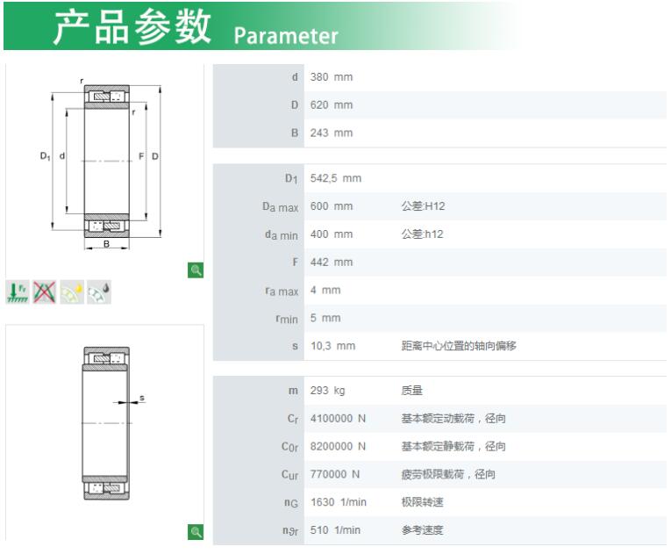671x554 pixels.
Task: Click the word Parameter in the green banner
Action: pos(286,36)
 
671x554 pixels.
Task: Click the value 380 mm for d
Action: pos(332,77)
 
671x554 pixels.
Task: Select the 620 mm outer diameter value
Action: pos(332,105)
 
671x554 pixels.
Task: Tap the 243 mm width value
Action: pos(332,133)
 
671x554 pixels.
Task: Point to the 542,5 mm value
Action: pos(336,178)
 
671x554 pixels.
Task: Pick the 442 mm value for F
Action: pos(332,263)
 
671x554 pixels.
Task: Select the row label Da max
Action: pos(281,207)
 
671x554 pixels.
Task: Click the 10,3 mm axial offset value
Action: pos(333,346)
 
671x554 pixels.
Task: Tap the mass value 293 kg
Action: pos(328,391)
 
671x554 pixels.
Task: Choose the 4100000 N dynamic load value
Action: pos(338,418)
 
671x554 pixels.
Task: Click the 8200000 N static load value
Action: pos(338,446)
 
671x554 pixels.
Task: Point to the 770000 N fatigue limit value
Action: pos(335,474)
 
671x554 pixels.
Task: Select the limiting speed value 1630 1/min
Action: pos(339,502)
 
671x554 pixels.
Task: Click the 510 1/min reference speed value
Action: pos(335,530)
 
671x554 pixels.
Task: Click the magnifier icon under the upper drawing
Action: pos(196,270)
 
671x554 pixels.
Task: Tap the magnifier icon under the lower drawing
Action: pos(196,532)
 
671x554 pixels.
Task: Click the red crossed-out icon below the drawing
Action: pos(45,292)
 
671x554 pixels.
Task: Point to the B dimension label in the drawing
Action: pos(106,243)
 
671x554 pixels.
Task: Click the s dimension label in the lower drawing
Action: pos(142,398)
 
